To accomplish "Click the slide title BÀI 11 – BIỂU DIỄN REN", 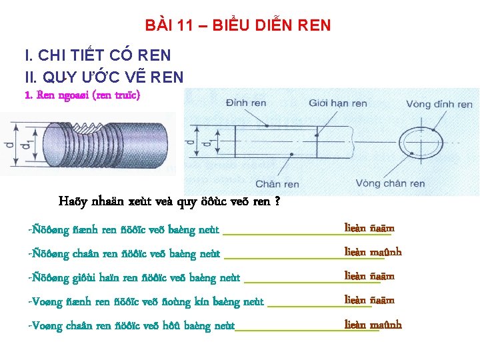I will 237,26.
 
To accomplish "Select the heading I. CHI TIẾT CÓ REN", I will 97,55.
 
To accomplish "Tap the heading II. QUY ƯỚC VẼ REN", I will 103,77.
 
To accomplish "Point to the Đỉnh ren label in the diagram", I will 247,103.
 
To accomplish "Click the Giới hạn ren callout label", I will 338,103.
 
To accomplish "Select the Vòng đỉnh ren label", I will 439,104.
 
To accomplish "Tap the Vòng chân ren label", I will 390,183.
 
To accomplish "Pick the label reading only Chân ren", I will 277,184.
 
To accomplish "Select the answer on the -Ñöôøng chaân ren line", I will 373,252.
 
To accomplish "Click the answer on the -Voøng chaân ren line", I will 373,325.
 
